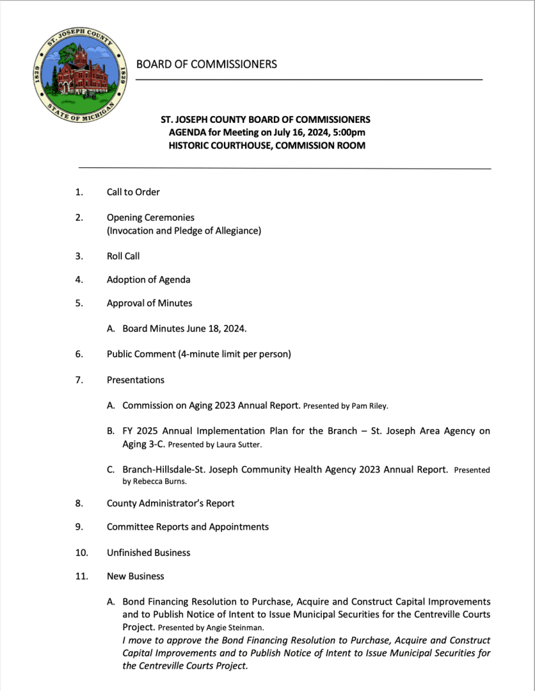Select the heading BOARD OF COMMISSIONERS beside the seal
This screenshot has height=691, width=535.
click(206, 64)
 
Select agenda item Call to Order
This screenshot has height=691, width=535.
click(133, 192)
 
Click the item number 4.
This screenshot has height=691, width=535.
click(79, 280)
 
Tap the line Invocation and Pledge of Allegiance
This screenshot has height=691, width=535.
click(184, 231)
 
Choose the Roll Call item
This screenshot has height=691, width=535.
click(123, 256)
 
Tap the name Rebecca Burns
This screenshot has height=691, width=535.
click(154, 482)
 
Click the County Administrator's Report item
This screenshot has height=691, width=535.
click(170, 503)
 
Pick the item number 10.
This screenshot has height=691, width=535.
click(81, 553)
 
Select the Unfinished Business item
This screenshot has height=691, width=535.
click(148, 553)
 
